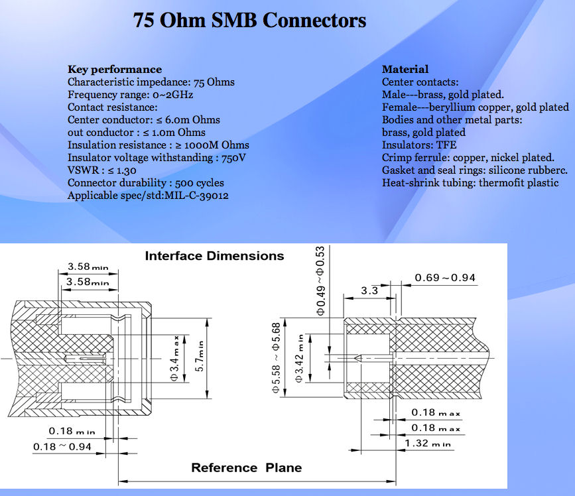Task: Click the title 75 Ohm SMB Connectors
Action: coord(249,20)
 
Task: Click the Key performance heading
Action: coord(115,69)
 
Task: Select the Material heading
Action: coord(405,69)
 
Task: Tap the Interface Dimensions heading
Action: coord(214,255)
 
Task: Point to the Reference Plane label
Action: coord(247,467)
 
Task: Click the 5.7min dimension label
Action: coord(200,356)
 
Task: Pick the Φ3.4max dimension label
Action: coord(174,358)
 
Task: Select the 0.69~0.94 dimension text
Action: coord(445,278)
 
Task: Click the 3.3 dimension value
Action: coord(369,290)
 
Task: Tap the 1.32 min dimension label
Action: coord(428,443)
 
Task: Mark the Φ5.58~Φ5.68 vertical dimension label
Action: coord(276,357)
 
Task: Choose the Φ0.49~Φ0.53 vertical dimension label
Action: coord(320,280)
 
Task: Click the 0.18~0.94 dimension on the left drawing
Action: coord(62,446)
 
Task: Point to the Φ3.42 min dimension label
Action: coord(300,358)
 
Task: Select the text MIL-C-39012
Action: coord(196,196)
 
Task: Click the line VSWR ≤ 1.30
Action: coord(102,170)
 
